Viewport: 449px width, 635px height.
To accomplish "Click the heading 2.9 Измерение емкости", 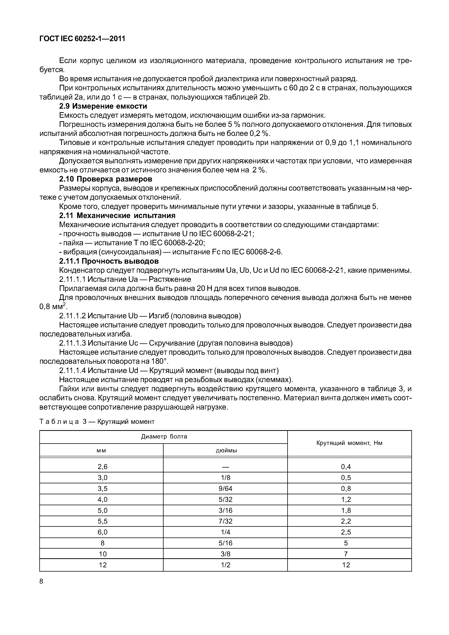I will coord(103,106).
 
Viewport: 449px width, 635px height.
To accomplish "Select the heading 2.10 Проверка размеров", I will coord(106,179).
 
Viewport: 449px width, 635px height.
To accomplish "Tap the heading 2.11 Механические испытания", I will coord(117,215).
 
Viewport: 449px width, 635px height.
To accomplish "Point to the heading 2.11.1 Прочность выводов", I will coord(109,261).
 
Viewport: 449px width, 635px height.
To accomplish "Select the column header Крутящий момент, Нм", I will coord(349,443).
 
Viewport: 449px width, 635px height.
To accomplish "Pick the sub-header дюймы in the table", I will coord(226,451).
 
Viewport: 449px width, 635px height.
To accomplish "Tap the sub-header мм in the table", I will coord(101,451).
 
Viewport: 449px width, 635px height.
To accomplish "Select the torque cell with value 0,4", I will coord(346,467).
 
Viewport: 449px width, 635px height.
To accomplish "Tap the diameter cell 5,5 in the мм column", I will coord(102,521).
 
